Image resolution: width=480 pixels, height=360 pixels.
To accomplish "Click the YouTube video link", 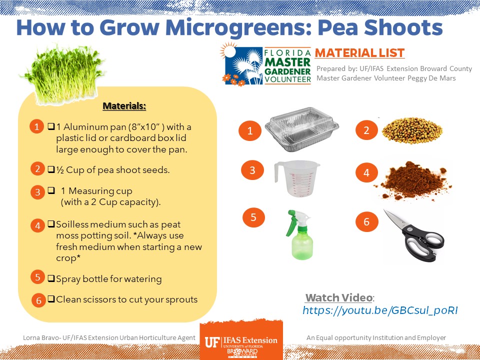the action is pos(380,310).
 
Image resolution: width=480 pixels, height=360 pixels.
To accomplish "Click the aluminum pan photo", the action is pos(302,129).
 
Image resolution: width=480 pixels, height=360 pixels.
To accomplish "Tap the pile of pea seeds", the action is pos(412,130).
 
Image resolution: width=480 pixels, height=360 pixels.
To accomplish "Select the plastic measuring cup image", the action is pos(296,178).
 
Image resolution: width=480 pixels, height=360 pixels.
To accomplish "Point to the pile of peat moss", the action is pos(415,180).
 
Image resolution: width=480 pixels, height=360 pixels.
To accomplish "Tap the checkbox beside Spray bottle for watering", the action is pos(51,278).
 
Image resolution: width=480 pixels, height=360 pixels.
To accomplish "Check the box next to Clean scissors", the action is pos(51,299).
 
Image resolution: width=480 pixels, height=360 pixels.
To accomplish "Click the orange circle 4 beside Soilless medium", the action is pos(37,225).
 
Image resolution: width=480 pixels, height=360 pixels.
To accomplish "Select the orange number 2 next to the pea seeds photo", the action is pos(366,130).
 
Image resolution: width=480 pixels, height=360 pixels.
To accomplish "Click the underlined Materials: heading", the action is pos(124,106).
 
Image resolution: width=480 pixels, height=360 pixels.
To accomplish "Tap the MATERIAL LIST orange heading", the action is pos(359,53).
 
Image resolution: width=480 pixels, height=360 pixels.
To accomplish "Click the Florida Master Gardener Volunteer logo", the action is pos(265,64).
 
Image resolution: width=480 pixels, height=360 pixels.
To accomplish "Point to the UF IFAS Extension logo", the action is pos(241,340).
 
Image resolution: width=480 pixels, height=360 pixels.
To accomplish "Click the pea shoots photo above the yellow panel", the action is pos(63,74).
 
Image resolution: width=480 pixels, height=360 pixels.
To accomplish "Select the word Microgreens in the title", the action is pos(238,28).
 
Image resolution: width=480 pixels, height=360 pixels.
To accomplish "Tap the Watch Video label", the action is pos(339,297).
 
